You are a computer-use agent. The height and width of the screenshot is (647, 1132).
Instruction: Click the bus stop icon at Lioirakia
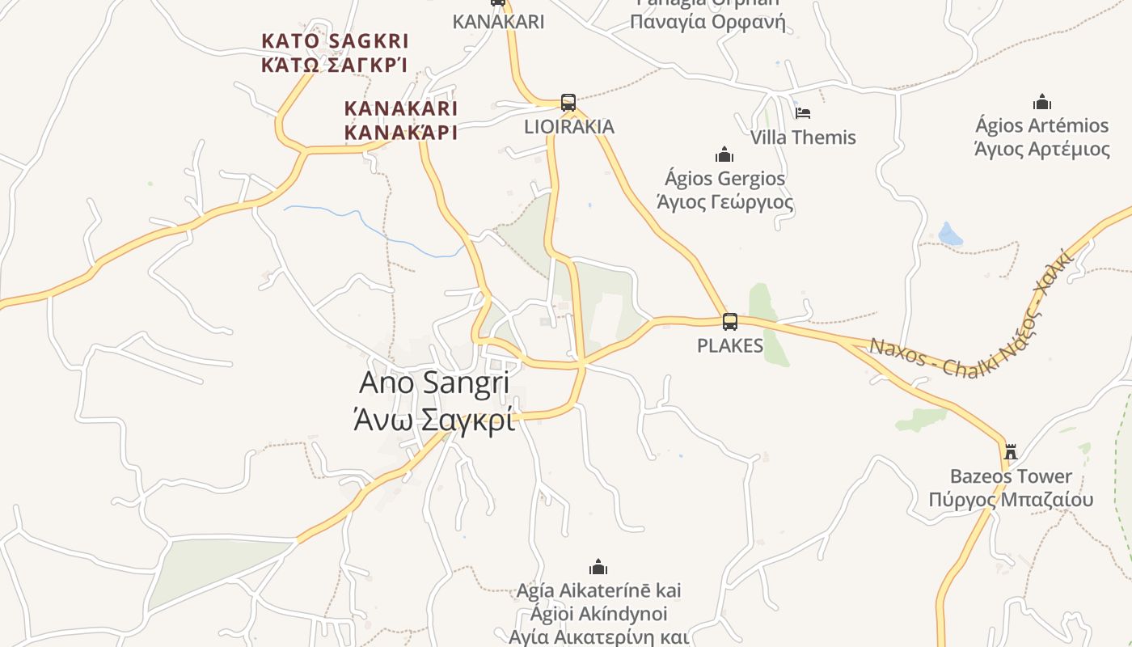(x=568, y=103)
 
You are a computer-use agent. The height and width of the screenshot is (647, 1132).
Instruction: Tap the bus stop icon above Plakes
(x=730, y=322)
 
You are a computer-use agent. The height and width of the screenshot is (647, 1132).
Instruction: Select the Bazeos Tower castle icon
(x=1010, y=450)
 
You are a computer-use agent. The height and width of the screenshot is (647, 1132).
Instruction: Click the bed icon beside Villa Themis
(x=803, y=113)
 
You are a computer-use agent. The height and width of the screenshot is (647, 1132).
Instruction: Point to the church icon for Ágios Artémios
(x=1042, y=102)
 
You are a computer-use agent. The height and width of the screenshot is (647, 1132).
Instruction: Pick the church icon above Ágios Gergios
(x=724, y=154)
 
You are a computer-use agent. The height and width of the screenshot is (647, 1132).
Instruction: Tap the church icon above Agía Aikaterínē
(x=598, y=566)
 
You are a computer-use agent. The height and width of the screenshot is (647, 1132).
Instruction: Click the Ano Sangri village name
(x=434, y=383)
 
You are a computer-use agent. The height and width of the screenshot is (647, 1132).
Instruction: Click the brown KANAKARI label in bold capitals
(x=401, y=108)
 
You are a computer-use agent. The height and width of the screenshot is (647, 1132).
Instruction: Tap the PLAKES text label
(x=730, y=345)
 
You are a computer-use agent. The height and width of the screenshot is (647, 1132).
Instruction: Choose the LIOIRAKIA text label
(x=569, y=126)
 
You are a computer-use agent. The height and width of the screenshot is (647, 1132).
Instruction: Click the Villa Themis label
(x=803, y=137)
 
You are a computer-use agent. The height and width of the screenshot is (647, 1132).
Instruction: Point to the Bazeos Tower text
(x=1011, y=476)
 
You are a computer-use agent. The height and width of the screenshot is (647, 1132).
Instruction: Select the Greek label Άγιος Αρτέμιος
(x=1042, y=149)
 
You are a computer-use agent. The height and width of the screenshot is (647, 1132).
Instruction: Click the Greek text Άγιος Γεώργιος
(x=724, y=201)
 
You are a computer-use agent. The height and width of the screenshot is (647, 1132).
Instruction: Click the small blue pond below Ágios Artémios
(x=951, y=235)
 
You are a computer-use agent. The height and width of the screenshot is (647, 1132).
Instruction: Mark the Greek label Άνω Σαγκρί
(x=434, y=420)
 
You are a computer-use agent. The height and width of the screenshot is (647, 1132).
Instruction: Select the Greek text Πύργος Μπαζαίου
(x=1011, y=499)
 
